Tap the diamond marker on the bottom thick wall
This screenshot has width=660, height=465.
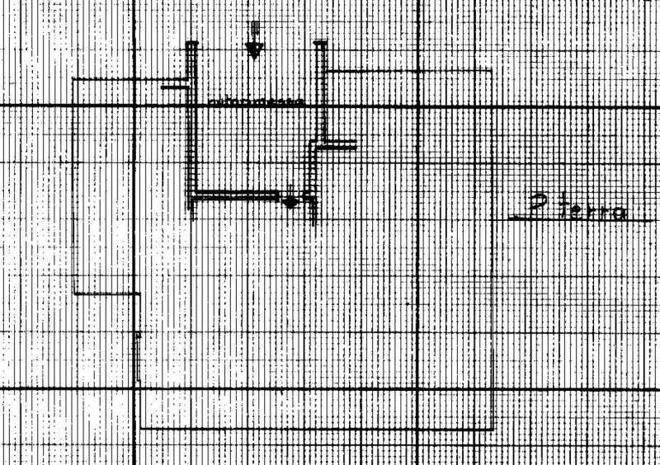pos(290,201)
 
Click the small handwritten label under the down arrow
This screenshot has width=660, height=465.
pos(256,101)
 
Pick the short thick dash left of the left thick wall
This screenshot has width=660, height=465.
pos(174,85)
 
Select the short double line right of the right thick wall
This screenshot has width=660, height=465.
pos(338,146)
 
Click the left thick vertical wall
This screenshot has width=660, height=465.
pos(191,124)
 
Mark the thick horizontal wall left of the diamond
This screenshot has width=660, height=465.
pos(235,195)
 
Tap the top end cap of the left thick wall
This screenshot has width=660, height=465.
pos(191,45)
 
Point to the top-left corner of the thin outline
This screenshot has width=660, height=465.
pos(74,79)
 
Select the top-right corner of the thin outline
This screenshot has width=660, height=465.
pos(493,71)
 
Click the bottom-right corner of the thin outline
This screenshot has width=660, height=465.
pos(493,428)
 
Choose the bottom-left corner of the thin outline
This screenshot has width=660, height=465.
pos(139,428)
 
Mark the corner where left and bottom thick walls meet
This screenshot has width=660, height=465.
pos(192,197)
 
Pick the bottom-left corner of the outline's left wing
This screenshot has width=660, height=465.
pos(75,294)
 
